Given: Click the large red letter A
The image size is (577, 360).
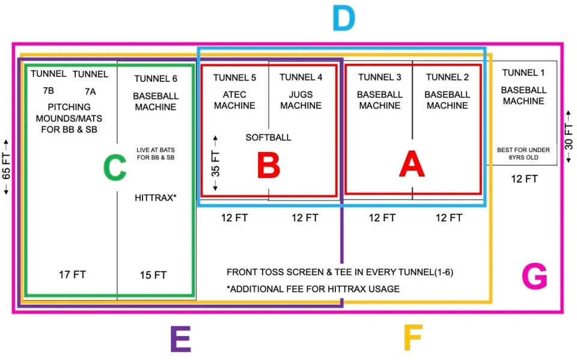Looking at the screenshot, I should pos(412,164).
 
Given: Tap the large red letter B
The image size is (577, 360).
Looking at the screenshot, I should pos(268,164).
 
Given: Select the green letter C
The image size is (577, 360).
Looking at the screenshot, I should pos(115,168).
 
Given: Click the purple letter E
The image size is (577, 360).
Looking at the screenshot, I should pos(180,339).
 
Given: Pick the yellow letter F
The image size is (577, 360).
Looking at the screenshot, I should pos(413,338).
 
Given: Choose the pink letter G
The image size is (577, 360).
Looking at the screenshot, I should pos(534,277).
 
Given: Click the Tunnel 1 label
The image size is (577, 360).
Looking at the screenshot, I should pos(524,73).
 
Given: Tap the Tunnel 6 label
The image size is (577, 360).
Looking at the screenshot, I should pos(156,78).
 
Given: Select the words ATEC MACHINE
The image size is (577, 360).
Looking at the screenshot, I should pos(234,100).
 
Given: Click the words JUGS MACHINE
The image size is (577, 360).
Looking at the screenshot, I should pos(301,100).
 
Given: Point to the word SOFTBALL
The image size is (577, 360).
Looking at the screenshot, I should pos(268,137).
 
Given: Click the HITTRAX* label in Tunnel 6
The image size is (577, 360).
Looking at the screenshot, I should pos(156,197).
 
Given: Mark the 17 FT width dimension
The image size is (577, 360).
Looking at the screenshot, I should pos(72,275).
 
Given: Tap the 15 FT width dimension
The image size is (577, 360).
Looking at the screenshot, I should pos(153,275).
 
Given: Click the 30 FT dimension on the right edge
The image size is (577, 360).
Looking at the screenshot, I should pos(569,137).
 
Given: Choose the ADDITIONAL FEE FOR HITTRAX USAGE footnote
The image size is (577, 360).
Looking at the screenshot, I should pos(313,289).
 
